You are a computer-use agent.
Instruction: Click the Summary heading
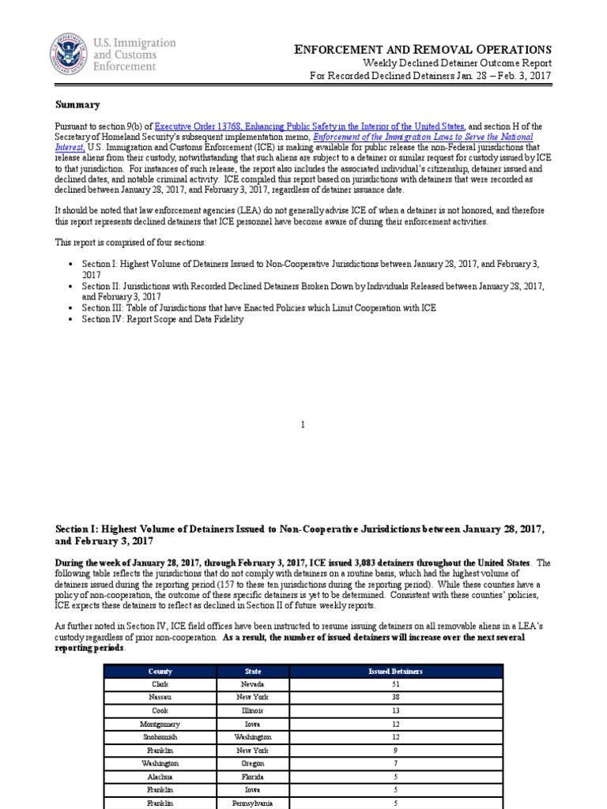pos(77,104)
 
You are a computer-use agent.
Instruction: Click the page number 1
pos(303,425)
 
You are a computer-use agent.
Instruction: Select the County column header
pos(160,672)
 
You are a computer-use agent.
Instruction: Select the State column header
pos(253,672)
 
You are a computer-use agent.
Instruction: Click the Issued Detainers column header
pos(395,672)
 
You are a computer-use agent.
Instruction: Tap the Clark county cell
pos(160,684)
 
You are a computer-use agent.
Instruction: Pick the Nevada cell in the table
pos(253,684)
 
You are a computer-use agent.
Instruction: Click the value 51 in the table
pos(395,684)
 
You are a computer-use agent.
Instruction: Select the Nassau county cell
pos(160,698)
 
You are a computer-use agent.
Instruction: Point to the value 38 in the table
pos(395,698)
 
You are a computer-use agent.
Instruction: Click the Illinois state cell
pos(253,710)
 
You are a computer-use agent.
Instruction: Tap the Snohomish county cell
pos(160,737)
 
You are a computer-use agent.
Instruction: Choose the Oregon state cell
pos(253,764)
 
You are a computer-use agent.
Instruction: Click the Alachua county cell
pos(160,777)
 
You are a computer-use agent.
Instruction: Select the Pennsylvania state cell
pos(253,803)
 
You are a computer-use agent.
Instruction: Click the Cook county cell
pos(160,710)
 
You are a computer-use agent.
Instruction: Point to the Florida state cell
pos(253,777)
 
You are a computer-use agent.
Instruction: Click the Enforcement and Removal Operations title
pos(423,50)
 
